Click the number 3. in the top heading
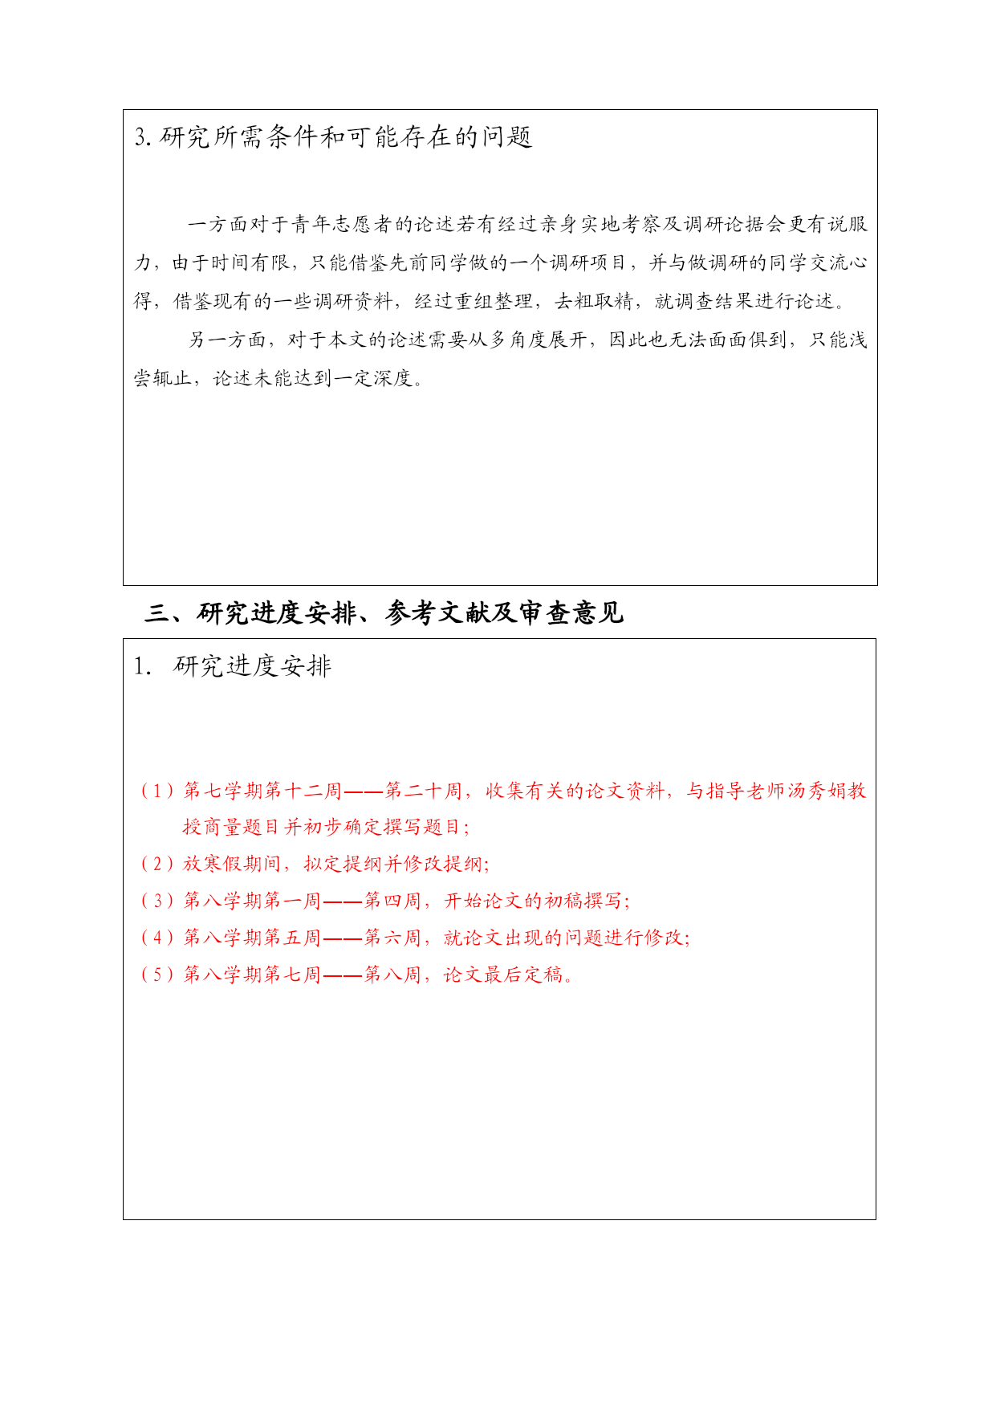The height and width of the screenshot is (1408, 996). click(143, 137)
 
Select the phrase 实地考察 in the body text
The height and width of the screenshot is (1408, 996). click(619, 224)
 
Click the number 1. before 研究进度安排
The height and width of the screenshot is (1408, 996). click(142, 666)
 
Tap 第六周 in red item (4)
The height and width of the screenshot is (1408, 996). click(393, 938)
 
